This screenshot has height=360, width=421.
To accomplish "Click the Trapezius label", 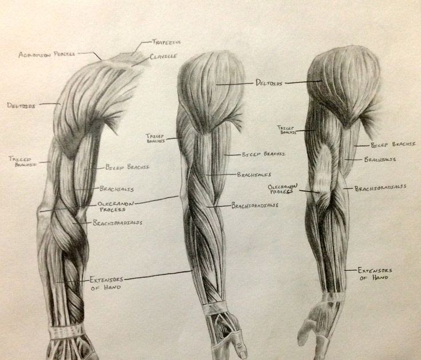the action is tap(167, 42).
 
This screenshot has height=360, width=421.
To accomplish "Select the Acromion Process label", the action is tap(47, 54).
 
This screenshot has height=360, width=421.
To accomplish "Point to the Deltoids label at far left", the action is tap(22, 105).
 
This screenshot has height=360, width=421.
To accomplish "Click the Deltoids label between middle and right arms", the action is tap(269, 83).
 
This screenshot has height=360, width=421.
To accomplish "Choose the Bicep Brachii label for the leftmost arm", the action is tap(127, 167).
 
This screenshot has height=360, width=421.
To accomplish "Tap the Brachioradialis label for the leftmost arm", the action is tap(118, 222).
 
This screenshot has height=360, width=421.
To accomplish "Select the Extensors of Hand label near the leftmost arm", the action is tap(106, 283).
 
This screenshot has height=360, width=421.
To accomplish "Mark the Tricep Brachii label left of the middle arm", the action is tap(155, 138).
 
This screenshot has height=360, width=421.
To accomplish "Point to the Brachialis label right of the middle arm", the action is tap(253, 174).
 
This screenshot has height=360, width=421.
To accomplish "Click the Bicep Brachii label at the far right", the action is tap(393, 145).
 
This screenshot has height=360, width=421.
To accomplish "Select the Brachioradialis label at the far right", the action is tap(380, 187).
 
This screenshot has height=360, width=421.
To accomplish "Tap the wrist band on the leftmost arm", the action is tap(67, 331).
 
